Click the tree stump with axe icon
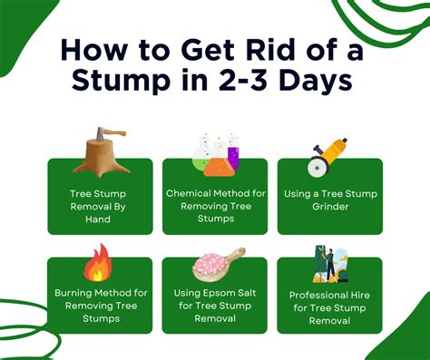pos(102,153)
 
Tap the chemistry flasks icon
pos(215,154)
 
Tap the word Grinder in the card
pos(329,206)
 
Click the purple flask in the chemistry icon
pos(232,156)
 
